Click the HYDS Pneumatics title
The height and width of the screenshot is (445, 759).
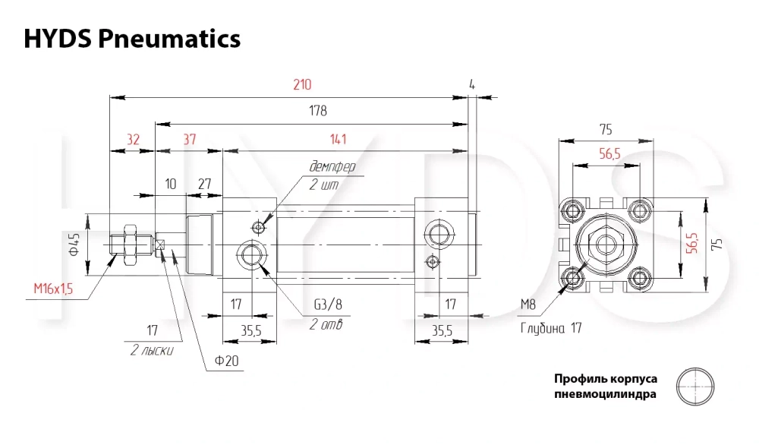click(x=132, y=39)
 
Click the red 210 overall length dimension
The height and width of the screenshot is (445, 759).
click(x=302, y=85)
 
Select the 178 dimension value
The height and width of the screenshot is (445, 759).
click(x=318, y=111)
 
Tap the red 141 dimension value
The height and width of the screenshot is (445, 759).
click(x=338, y=140)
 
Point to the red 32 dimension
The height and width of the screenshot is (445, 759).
click(x=133, y=140)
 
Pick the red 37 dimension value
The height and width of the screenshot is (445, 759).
click(x=189, y=140)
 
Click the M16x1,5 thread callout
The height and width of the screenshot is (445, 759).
click(x=53, y=289)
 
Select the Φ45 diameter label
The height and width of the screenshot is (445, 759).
click(x=74, y=245)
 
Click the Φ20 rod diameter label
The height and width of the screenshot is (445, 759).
click(x=226, y=361)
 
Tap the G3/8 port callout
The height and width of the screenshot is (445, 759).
click(x=328, y=305)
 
